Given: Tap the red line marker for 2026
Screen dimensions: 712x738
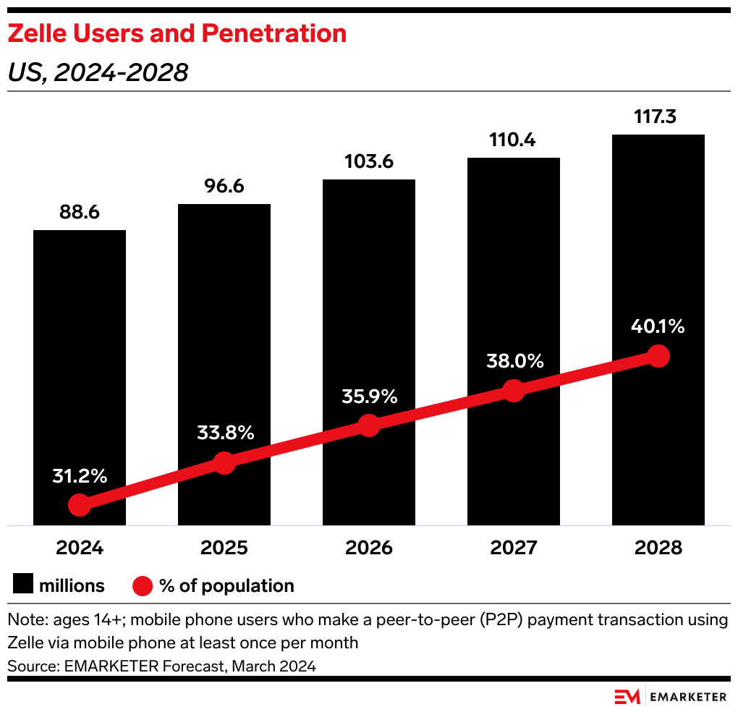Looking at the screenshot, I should click(x=369, y=425).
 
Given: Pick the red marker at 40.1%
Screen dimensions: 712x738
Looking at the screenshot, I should click(x=658, y=355).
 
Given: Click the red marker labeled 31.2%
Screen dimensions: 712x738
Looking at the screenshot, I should click(x=80, y=505).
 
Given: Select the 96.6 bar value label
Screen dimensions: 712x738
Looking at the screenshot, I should click(x=224, y=186).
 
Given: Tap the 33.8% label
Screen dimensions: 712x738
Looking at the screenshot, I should click(x=225, y=433).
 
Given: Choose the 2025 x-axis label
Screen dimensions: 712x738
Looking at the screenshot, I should click(x=224, y=548).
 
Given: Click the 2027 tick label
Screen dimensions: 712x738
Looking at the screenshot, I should click(x=514, y=548).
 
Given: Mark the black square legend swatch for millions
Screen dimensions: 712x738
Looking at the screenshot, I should click(x=23, y=585).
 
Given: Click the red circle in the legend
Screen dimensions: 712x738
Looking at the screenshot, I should click(x=143, y=585).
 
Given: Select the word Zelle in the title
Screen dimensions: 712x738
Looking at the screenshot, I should click(x=35, y=33).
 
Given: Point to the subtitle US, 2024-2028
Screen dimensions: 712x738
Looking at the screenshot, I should click(x=98, y=72).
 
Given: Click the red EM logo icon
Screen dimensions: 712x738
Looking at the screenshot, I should click(x=627, y=697).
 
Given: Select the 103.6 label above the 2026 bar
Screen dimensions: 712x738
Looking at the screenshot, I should click(x=369, y=161).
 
